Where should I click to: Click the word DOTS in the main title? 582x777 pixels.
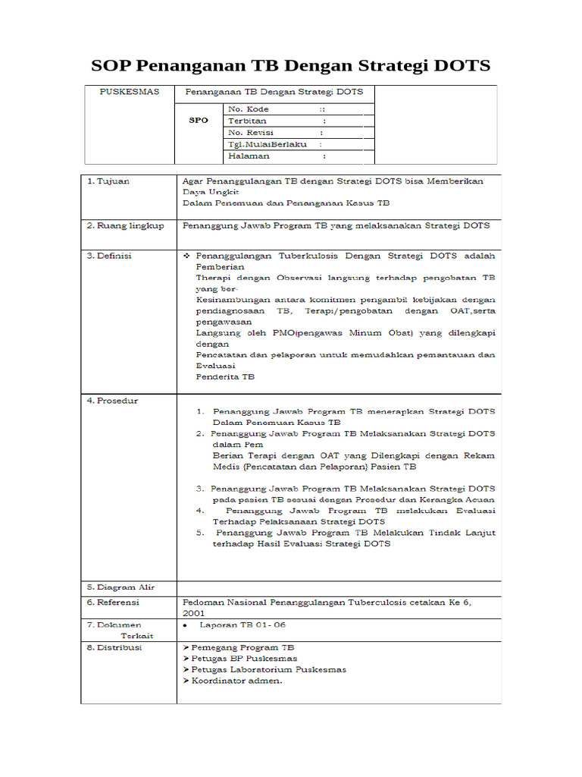[459, 65]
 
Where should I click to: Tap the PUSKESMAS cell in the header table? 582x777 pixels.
[130, 92]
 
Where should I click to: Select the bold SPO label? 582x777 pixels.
[198, 120]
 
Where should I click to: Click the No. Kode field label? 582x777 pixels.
[249, 109]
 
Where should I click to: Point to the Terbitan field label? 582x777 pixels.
[247, 121]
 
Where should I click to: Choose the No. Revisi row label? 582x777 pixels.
[251, 132]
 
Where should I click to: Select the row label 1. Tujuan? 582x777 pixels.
[108, 181]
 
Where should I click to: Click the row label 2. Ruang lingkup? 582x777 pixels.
[125, 225]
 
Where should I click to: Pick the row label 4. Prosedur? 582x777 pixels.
[112, 401]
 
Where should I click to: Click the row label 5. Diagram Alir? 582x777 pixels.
[120, 587]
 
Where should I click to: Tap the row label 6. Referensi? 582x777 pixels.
[113, 602]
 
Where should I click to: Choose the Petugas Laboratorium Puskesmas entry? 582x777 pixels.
[264, 670]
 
